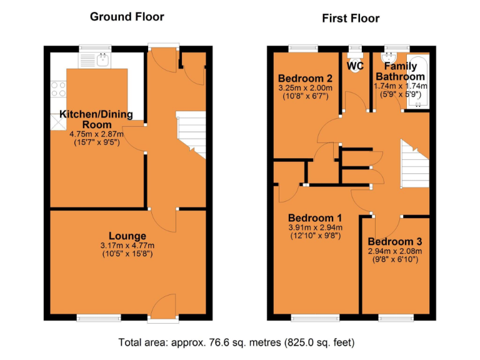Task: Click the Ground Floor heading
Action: click(127, 17)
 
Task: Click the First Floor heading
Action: click(351, 18)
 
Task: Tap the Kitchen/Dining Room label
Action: click(91, 119)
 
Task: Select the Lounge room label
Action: click(127, 236)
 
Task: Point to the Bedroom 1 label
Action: click(314, 218)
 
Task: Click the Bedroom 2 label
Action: click(305, 78)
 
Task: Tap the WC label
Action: click(355, 66)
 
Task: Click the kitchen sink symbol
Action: click(101, 60)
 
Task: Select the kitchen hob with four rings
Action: click(58, 89)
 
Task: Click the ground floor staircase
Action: click(191, 134)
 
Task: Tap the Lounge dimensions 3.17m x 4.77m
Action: click(127, 245)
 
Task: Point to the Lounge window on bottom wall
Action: click(99, 317)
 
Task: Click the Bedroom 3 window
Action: click(396, 317)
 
